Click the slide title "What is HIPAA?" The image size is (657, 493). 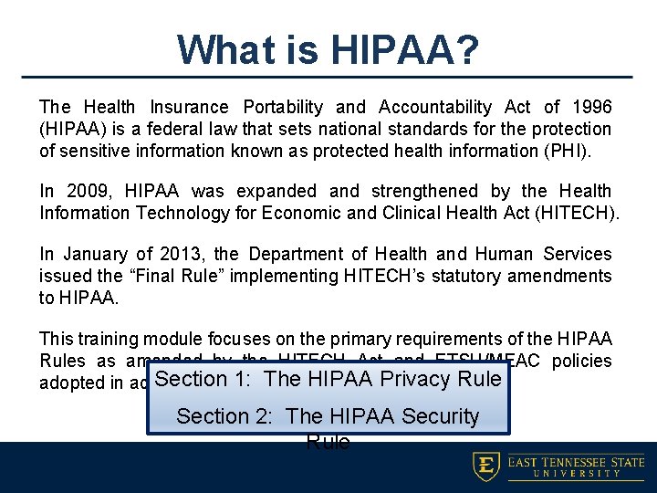click(x=328, y=49)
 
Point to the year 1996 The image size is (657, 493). click(x=590, y=108)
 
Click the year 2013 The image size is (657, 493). click(x=182, y=254)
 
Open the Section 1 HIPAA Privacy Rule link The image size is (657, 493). click(x=328, y=379)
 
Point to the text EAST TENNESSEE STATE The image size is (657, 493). click(x=575, y=461)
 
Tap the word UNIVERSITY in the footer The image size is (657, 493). click(x=575, y=474)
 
